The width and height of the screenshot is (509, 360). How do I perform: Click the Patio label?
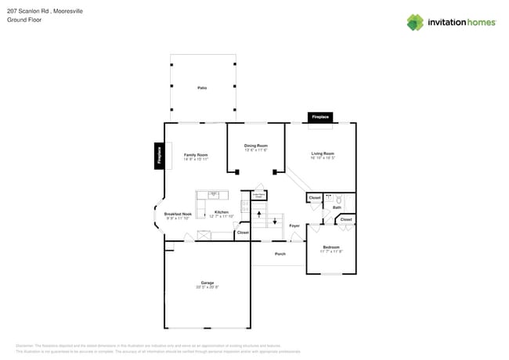[x=202, y=88]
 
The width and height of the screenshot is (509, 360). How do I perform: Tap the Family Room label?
[x=196, y=155]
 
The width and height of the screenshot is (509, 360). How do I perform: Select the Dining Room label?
[x=255, y=146]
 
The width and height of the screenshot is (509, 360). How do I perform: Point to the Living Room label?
[x=323, y=153]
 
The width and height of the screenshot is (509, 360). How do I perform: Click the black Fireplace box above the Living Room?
[x=320, y=117]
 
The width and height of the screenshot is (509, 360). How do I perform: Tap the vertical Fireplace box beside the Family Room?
[x=159, y=156]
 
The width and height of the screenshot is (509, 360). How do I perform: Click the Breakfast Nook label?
[x=178, y=214]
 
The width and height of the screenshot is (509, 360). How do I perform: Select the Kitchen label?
[x=222, y=212]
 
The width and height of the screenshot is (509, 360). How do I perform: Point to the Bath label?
[x=337, y=207]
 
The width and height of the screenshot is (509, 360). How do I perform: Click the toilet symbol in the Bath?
[x=339, y=199]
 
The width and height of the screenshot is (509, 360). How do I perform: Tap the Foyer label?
[x=294, y=225]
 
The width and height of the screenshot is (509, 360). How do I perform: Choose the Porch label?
[x=280, y=254]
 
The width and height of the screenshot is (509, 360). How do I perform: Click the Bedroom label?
[x=331, y=247]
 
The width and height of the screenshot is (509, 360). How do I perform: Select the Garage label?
[x=207, y=283]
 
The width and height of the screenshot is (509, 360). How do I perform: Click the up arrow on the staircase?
[x=259, y=212]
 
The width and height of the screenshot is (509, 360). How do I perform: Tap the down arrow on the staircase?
[x=274, y=221]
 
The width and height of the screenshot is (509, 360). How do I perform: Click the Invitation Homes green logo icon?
[x=415, y=22]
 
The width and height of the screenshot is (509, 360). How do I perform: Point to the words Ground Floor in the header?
[x=24, y=20]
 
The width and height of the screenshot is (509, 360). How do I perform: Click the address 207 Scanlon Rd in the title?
[x=28, y=11]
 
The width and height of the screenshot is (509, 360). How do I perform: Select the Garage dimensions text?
[x=207, y=287]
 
